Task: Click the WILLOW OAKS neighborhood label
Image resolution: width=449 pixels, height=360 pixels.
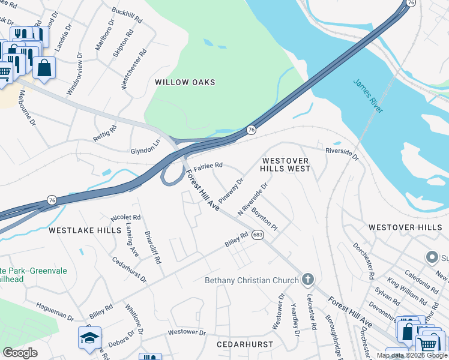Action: (185, 82)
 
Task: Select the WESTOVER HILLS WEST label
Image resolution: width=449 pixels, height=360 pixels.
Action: (286, 165)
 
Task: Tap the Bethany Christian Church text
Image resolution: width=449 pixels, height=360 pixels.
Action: (252, 280)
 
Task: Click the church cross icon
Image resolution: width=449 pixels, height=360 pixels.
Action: (307, 279)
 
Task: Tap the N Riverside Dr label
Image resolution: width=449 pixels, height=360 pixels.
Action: (252, 200)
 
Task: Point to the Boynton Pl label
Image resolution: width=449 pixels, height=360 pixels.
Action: (265, 220)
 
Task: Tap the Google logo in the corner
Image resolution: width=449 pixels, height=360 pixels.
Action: (20, 353)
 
